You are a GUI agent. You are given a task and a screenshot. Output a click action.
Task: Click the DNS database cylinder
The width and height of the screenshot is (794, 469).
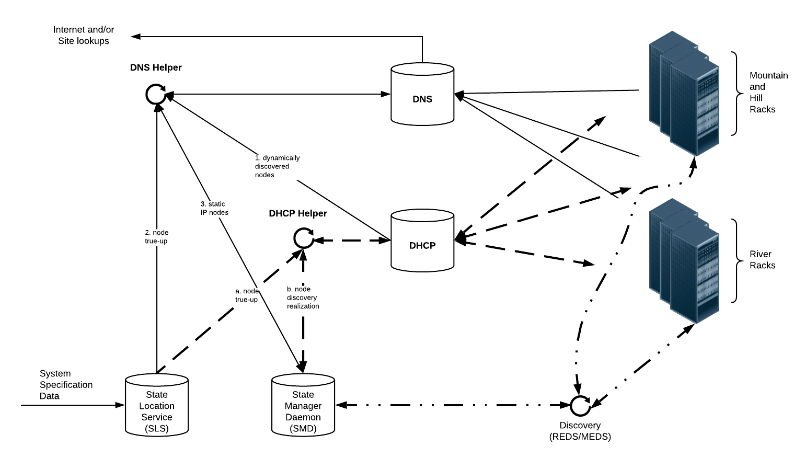(422, 95)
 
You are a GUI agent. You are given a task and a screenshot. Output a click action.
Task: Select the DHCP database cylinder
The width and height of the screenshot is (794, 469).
(422, 241)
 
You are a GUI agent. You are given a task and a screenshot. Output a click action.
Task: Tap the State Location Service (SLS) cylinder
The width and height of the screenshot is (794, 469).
(156, 405)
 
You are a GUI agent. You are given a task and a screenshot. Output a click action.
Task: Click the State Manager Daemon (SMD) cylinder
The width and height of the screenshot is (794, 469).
(303, 405)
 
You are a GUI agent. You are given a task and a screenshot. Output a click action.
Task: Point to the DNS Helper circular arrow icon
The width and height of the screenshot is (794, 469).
(156, 95)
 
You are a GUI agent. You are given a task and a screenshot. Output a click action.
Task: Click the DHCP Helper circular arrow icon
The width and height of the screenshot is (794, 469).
(303, 238)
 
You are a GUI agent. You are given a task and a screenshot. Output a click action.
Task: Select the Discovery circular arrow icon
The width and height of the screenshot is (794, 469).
(580, 405)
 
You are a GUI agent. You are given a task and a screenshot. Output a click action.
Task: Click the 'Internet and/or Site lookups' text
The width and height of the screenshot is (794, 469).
(84, 36)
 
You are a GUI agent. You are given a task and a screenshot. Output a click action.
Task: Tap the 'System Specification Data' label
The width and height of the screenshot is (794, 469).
(66, 385)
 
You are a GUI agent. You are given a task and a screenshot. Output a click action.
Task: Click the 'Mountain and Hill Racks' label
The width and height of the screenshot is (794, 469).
(768, 93)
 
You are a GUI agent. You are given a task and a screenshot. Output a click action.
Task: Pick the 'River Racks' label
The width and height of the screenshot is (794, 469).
(762, 260)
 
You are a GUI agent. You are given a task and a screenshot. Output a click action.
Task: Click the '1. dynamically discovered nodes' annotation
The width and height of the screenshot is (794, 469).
(277, 166)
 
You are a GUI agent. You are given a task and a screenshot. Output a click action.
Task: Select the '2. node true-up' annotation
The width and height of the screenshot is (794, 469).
(156, 237)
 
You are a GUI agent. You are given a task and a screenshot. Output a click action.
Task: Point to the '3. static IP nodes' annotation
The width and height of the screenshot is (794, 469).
(214, 208)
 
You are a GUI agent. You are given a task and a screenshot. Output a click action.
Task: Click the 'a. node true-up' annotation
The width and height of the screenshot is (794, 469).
(247, 295)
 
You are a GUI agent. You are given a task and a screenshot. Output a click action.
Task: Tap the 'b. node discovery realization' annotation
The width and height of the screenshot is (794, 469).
(303, 298)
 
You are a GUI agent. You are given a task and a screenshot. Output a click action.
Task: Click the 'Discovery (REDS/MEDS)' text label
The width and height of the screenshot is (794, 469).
(580, 431)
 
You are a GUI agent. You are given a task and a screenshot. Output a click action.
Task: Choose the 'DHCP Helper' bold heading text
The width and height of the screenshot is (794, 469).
(297, 213)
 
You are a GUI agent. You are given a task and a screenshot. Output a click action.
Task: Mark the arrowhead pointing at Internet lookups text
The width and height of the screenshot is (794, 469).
(136, 37)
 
